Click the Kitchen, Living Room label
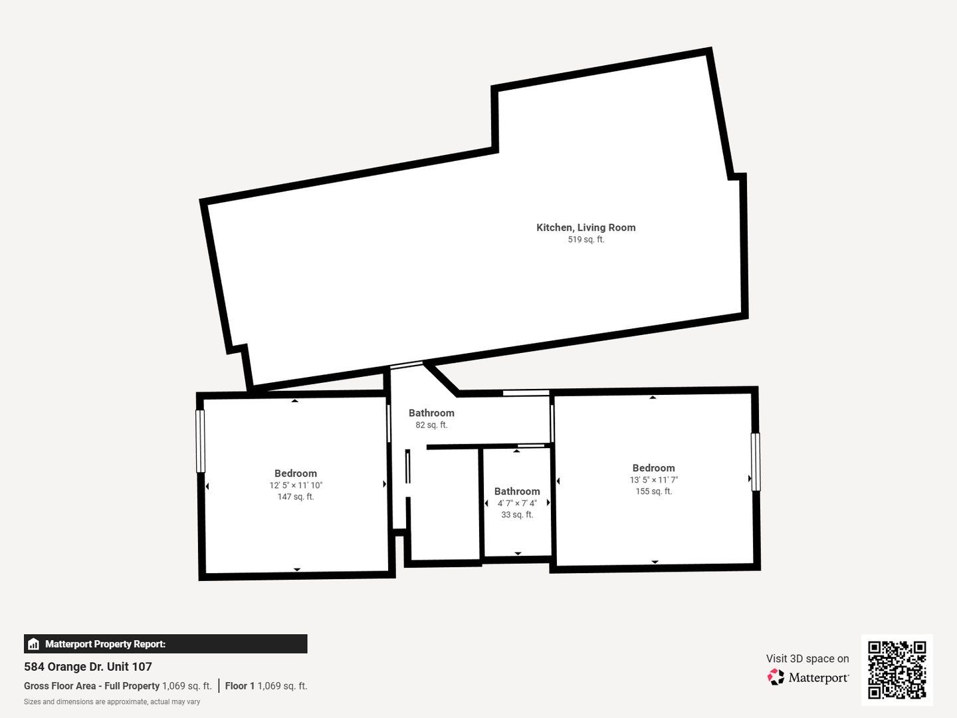(x=585, y=227)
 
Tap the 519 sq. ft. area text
(x=586, y=239)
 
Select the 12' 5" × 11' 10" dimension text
(x=296, y=485)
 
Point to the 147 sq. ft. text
(x=296, y=497)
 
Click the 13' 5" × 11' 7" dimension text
(x=653, y=479)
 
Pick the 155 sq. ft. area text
(x=653, y=491)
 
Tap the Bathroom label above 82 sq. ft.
(x=431, y=413)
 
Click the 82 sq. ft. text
(x=431, y=425)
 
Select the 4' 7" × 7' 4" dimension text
(x=517, y=503)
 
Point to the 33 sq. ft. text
(x=517, y=515)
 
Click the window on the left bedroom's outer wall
(x=200, y=441)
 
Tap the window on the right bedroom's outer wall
(x=756, y=461)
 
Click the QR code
(x=897, y=669)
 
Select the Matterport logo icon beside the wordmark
(x=776, y=677)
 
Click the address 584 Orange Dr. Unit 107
(x=88, y=667)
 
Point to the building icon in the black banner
(x=33, y=644)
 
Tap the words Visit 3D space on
(x=807, y=659)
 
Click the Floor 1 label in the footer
(x=240, y=686)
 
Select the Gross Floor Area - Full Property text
(x=92, y=686)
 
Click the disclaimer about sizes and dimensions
(x=112, y=702)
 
